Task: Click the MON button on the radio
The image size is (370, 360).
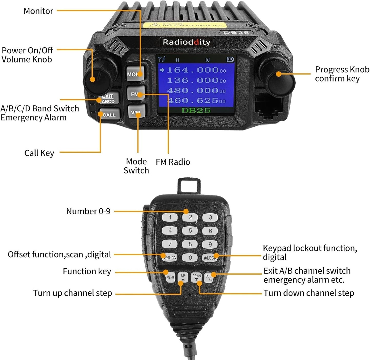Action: (135, 73)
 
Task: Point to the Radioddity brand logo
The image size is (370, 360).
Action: (186, 42)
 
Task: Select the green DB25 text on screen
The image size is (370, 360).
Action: (196, 110)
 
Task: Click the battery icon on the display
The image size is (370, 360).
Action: (230, 59)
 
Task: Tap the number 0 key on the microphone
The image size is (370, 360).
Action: (190, 257)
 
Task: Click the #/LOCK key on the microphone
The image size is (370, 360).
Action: (210, 258)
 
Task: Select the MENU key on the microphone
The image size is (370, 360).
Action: (170, 277)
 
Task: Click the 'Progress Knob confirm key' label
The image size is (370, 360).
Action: (342, 74)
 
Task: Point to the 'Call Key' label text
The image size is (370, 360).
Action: (39, 153)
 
